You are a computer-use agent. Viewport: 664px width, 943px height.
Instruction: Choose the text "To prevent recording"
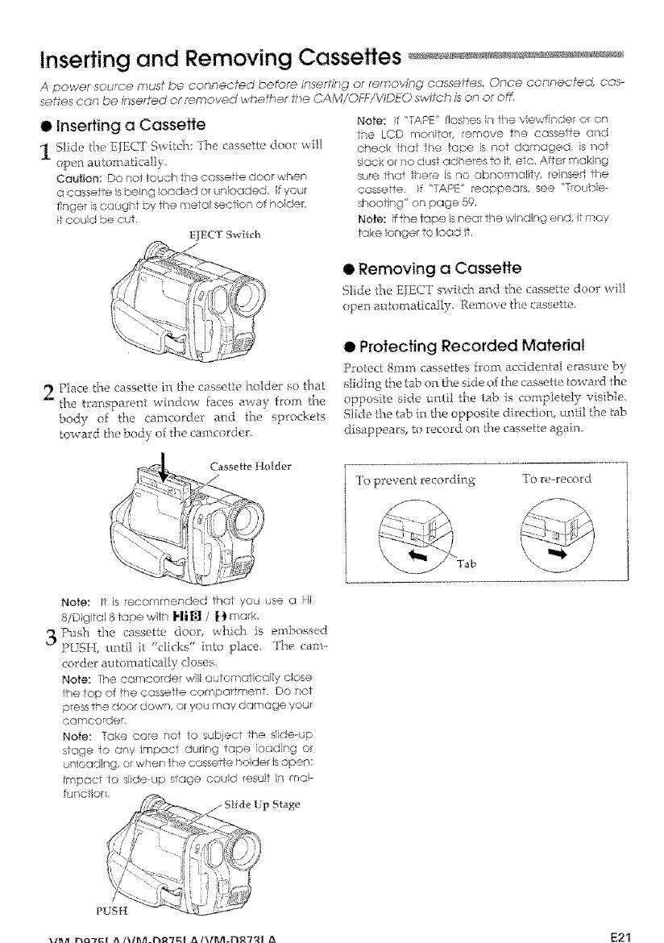click(417, 482)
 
